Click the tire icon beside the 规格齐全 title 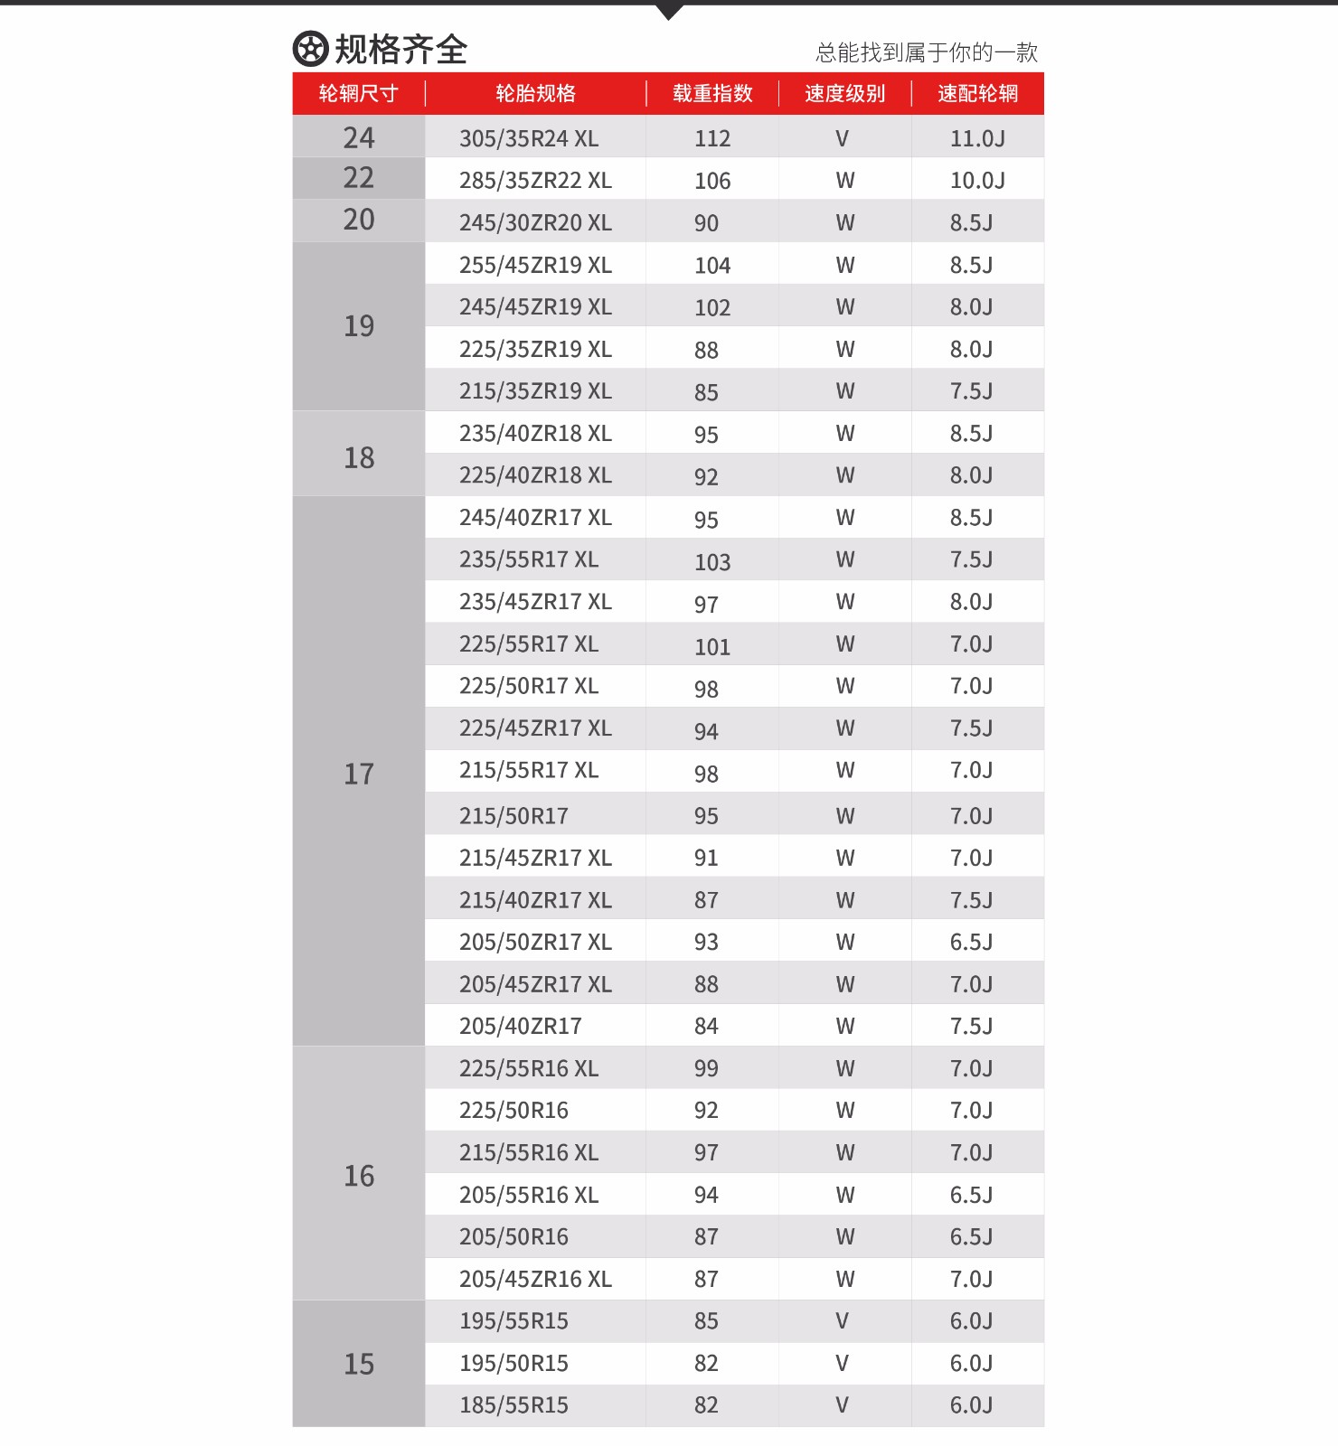pyautogui.click(x=310, y=50)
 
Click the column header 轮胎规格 pyautogui.click(x=535, y=94)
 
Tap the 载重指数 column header pyautogui.click(x=712, y=94)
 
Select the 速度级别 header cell pyautogui.click(x=844, y=94)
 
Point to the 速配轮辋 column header pyautogui.click(x=977, y=94)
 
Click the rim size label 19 pyautogui.click(x=359, y=326)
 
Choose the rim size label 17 pyautogui.click(x=359, y=775)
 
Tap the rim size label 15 pyautogui.click(x=359, y=1365)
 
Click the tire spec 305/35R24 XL pyautogui.click(x=529, y=139)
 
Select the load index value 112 pyautogui.click(x=712, y=139)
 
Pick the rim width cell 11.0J pyautogui.click(x=977, y=139)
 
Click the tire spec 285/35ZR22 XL pyautogui.click(x=535, y=181)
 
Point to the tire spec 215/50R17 pyautogui.click(x=514, y=817)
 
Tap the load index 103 pyautogui.click(x=712, y=562)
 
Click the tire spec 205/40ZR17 pyautogui.click(x=520, y=1027)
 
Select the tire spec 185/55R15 pyautogui.click(x=514, y=1406)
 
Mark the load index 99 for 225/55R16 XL pyautogui.click(x=706, y=1069)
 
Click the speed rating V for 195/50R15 pyautogui.click(x=842, y=1364)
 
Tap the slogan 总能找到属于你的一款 pyautogui.click(x=926, y=53)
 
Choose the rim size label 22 pyautogui.click(x=359, y=178)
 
